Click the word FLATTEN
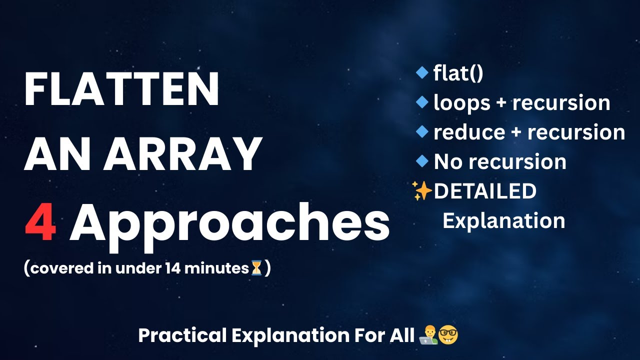(121, 89)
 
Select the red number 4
(40, 224)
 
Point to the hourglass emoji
(256, 268)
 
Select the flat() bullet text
(458, 74)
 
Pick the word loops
(455, 103)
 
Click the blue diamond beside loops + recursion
(422, 102)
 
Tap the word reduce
(462, 132)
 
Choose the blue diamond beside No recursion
(422, 161)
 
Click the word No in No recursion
(445, 162)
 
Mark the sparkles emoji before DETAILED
(422, 191)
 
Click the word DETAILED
(485, 191)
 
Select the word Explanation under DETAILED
(504, 220)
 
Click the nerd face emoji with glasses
(448, 335)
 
